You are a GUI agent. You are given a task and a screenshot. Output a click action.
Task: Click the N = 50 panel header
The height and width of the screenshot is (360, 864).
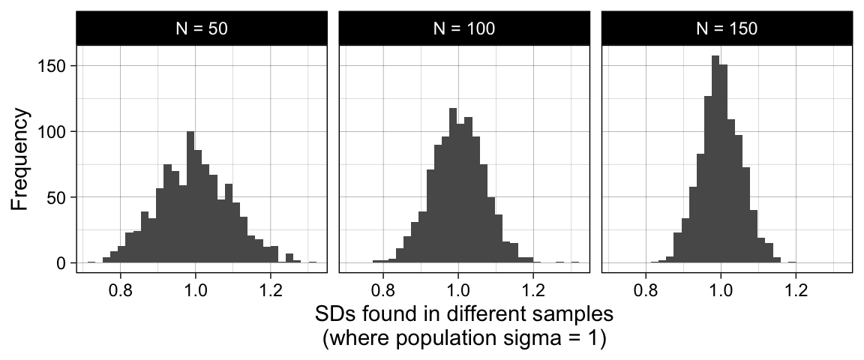point(202,28)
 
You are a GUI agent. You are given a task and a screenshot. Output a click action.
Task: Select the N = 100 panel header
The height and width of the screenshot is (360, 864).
point(464,28)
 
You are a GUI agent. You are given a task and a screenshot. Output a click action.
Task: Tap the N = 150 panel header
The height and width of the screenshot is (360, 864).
point(727,28)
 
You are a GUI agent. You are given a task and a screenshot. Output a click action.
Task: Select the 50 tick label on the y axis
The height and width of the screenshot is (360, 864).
point(56,198)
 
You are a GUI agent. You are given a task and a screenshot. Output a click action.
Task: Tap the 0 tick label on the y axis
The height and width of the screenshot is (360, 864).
point(61,264)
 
